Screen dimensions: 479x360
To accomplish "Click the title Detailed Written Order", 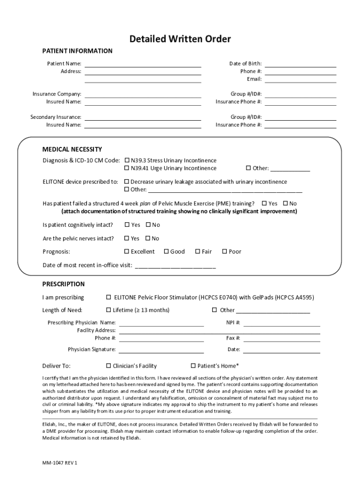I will [180, 39].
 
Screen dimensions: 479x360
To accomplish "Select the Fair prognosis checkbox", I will [197, 252].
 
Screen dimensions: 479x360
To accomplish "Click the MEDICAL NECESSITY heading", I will [72, 149].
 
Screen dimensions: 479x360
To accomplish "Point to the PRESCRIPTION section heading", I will [64, 284].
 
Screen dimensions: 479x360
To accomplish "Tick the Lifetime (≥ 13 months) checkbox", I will [109, 310].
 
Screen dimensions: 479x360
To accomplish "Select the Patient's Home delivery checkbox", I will [193, 366].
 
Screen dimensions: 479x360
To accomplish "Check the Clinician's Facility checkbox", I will [109, 366].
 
